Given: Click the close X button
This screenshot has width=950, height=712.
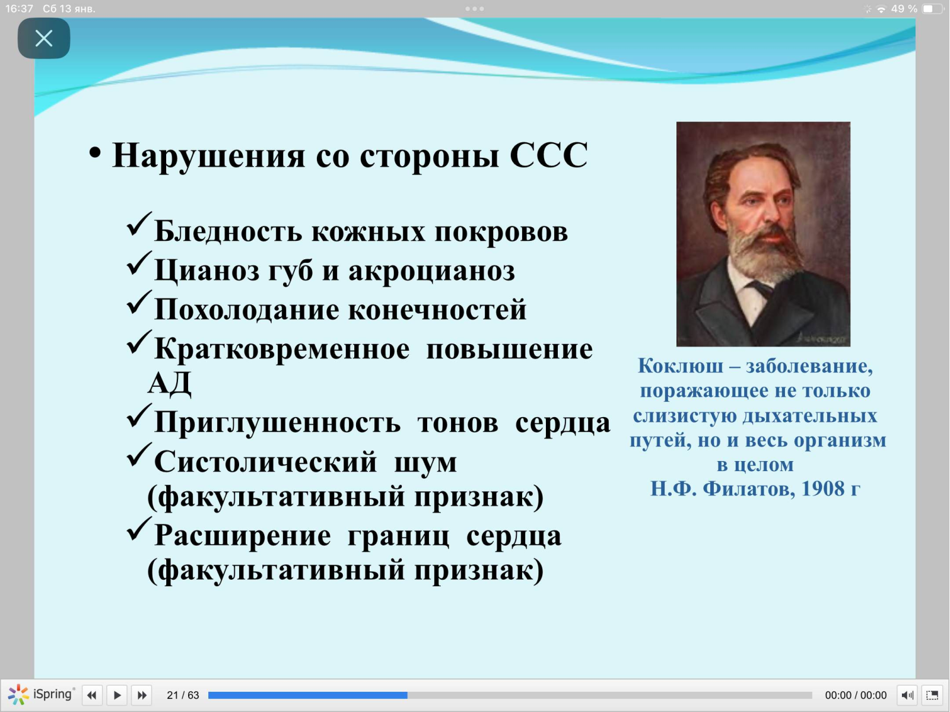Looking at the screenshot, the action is click(44, 39).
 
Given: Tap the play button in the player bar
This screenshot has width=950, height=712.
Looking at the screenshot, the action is click(117, 695).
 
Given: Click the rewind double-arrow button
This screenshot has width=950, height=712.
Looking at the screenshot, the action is click(92, 695).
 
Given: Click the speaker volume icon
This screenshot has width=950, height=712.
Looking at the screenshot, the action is click(907, 695).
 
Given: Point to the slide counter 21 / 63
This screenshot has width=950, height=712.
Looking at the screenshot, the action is click(183, 695).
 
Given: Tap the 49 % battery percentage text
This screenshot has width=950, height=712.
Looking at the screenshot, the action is click(904, 9).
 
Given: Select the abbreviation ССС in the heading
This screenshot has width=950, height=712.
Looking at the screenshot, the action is click(549, 155).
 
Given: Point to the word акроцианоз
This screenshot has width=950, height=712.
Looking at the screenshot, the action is click(431, 271).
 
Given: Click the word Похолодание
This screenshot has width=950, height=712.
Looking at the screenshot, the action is click(247, 309).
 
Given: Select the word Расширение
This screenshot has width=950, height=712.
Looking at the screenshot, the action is click(243, 536).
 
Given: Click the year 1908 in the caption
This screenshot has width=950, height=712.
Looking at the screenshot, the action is click(822, 489).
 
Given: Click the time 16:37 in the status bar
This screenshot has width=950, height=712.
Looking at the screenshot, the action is click(19, 9).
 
